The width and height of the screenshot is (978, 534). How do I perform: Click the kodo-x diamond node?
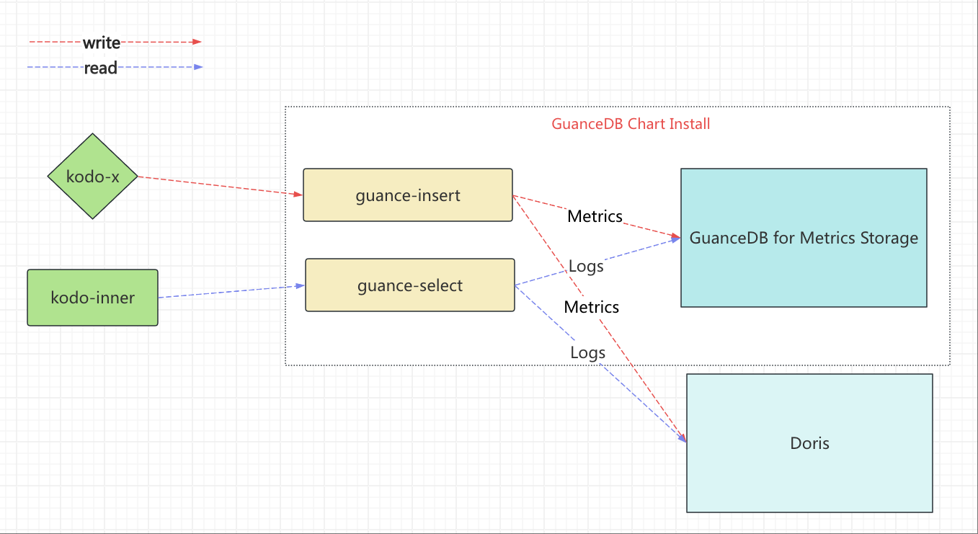coord(92,176)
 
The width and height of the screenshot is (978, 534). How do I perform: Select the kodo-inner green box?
coord(92,298)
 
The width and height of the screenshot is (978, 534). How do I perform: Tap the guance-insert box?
coord(408,195)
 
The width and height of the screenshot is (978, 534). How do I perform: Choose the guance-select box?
coord(410,285)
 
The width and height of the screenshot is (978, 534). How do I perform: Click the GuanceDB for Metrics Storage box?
coord(804,238)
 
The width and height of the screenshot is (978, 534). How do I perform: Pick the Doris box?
coord(809,442)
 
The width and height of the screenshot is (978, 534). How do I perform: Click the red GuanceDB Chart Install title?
coord(631,124)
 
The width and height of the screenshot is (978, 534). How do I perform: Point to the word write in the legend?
coord(102,43)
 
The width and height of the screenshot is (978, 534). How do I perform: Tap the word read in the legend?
coord(100,68)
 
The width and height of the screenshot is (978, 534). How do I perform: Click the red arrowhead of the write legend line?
coord(197,42)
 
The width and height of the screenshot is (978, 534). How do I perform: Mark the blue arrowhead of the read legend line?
coord(198,67)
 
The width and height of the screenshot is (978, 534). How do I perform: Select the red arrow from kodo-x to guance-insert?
coord(221,186)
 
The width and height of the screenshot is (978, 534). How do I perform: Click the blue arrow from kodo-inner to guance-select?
coord(231,291)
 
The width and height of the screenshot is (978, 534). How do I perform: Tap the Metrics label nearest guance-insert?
coord(595,217)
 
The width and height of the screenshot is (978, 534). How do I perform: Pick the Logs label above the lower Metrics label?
coord(586,267)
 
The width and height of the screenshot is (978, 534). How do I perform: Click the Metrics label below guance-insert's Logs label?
coord(591,308)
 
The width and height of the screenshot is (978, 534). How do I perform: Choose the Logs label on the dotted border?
coord(587,353)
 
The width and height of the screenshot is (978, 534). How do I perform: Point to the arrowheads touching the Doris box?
coord(682,437)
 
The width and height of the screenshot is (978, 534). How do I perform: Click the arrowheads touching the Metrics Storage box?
coord(675,238)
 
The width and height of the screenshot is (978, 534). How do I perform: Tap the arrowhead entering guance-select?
coord(300,285)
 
